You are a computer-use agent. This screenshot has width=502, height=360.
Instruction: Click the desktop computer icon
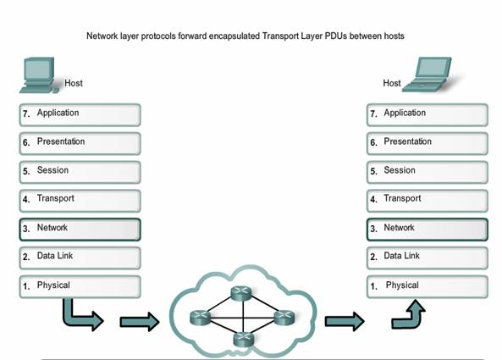(x=39, y=75)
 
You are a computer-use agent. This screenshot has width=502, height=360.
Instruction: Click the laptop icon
(x=428, y=75)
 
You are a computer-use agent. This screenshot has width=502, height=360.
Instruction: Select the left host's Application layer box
(x=80, y=114)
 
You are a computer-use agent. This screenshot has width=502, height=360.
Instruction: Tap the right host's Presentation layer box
(x=428, y=143)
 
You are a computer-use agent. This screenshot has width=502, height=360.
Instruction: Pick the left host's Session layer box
(x=80, y=172)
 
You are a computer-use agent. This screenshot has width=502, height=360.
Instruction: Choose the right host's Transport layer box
(x=428, y=201)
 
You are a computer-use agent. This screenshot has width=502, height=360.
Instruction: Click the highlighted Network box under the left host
(x=80, y=230)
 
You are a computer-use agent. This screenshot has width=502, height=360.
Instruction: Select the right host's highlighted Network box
(x=428, y=230)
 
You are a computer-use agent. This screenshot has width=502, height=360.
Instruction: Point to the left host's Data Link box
(x=80, y=258)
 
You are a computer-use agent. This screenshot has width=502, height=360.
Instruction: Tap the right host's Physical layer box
(x=428, y=287)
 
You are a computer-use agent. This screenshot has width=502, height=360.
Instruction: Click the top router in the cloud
(x=241, y=293)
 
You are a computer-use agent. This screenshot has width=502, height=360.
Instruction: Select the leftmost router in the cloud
(x=201, y=318)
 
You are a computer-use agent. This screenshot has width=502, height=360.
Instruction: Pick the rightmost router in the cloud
(x=284, y=318)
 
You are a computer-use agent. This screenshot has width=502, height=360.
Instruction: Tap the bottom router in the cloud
(x=243, y=339)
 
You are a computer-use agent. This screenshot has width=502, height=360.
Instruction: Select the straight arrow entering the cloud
(x=140, y=322)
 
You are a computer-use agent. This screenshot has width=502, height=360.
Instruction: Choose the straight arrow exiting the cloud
(x=345, y=321)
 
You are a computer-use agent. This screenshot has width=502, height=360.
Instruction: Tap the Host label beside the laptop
(x=392, y=83)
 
